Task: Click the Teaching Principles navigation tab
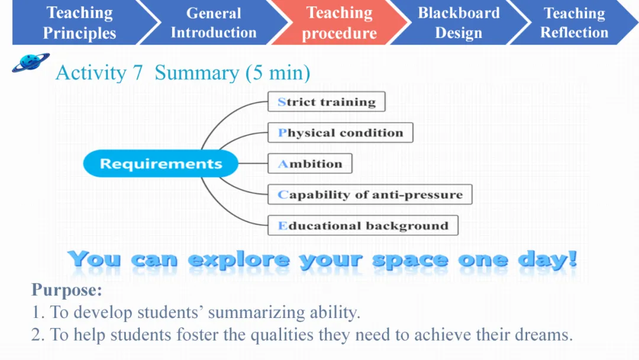click(x=79, y=22)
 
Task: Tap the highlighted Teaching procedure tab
click(x=339, y=22)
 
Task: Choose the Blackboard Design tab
click(x=459, y=22)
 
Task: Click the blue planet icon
click(x=31, y=62)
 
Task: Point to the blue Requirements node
click(x=160, y=163)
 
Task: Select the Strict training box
click(x=327, y=101)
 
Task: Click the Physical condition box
click(x=340, y=133)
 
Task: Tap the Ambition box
click(x=309, y=163)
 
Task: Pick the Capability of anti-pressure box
click(x=370, y=194)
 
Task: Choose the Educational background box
click(x=363, y=226)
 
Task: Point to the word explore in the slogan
click(x=239, y=260)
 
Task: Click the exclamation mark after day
click(x=573, y=259)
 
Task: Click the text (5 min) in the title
click(x=277, y=73)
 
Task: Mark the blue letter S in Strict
click(x=282, y=101)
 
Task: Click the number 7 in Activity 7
click(x=138, y=73)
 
